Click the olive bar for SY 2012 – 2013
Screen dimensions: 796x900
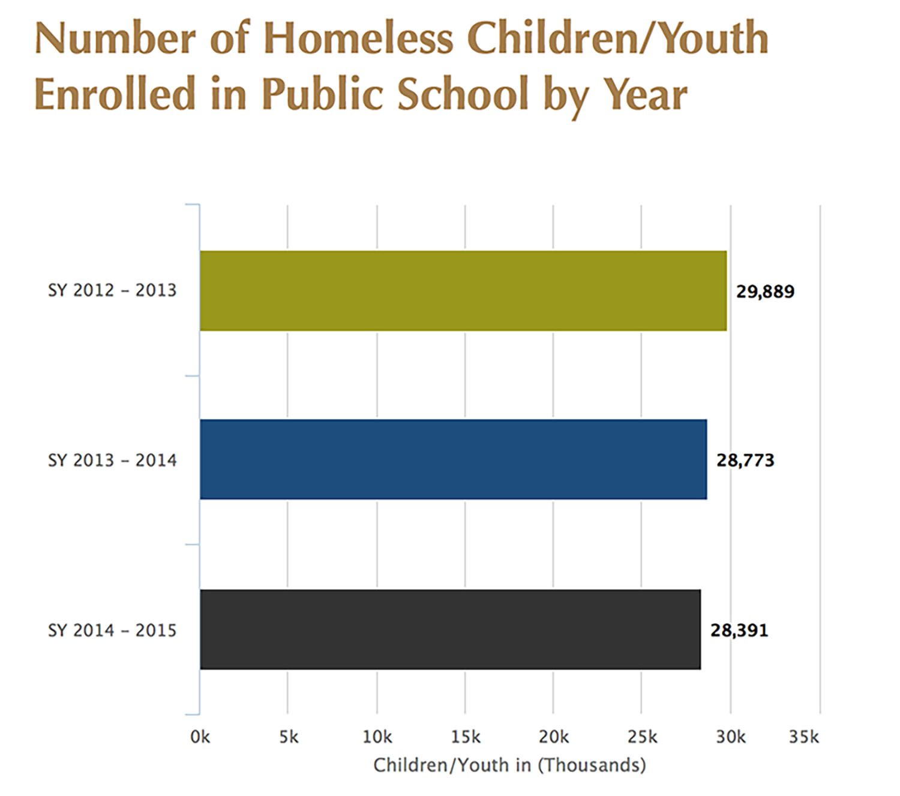coord(463,291)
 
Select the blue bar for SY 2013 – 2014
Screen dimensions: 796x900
coord(453,460)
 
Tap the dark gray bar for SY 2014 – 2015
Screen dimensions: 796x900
coord(450,629)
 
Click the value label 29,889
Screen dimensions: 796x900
coord(765,292)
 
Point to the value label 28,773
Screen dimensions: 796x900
coord(745,460)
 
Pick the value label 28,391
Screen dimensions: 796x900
coord(739,630)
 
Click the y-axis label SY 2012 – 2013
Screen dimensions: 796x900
coord(112,291)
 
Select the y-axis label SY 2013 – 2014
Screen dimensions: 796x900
coord(112,460)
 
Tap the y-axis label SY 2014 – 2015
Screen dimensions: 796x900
coord(112,630)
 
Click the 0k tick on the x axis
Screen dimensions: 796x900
coord(200,737)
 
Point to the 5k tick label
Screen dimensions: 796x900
coord(289,737)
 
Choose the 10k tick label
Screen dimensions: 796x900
coord(377,737)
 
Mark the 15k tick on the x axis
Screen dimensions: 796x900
coord(466,737)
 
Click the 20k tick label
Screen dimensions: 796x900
coord(553,737)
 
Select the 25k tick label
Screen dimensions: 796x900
coord(642,737)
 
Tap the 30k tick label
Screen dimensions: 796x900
coord(730,737)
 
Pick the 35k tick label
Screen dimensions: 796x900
coord(803,737)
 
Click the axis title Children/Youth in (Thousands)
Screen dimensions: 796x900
coord(509,765)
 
